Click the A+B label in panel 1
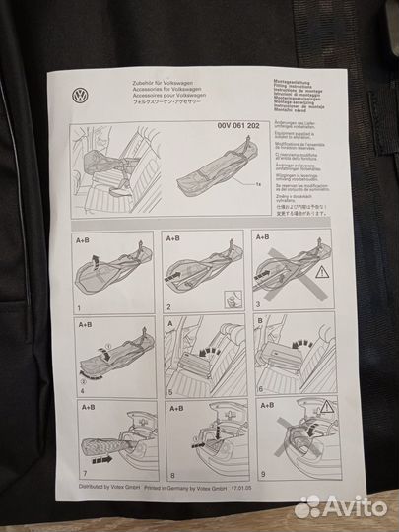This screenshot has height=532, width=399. [85, 238]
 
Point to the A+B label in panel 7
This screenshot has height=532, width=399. [85, 405]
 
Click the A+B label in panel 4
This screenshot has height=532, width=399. [85, 322]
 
